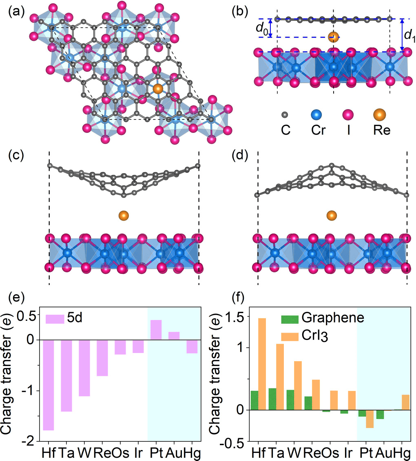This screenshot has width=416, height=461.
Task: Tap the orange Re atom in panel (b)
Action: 334,37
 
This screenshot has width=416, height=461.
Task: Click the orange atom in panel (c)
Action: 124,216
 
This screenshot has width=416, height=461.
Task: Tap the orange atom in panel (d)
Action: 332,215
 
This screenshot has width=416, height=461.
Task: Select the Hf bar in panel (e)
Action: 48,385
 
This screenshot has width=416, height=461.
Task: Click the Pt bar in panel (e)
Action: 156,330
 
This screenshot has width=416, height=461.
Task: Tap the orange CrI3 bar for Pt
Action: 370,419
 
